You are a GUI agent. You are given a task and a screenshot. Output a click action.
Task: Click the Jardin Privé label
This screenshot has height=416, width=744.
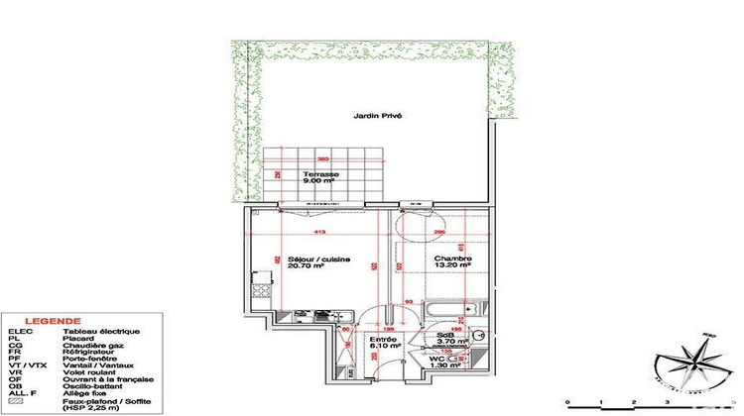coord(378,116)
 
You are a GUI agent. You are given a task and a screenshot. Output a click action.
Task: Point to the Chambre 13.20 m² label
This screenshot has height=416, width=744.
coord(452,262)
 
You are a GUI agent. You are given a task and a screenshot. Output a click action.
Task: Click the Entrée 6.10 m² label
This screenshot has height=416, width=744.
coord(384,342)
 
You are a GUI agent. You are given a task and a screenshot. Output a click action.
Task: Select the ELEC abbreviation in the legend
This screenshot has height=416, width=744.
coord(19,331)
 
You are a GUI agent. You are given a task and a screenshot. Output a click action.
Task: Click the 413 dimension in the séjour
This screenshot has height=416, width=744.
coord(320,232)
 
